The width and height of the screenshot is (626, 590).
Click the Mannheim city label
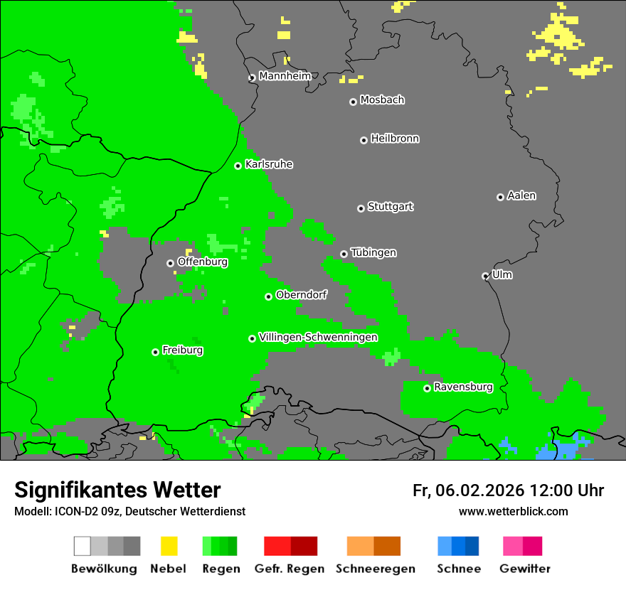[x=285, y=76]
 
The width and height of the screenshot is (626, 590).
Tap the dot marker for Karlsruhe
[x=238, y=166]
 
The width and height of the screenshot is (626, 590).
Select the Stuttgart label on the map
[x=390, y=207]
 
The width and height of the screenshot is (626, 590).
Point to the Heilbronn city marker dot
[x=364, y=140]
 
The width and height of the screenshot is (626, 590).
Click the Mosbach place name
[x=382, y=100]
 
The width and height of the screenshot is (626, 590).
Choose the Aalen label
[x=521, y=195]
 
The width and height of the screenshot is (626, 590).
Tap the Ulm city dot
[x=485, y=276]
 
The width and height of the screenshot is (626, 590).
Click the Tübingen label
[x=373, y=253]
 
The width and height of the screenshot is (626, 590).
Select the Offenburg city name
[x=203, y=262]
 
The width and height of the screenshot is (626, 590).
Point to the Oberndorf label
[x=302, y=294]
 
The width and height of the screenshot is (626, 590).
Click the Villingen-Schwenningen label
[x=318, y=337]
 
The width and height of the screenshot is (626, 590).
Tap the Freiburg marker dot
[x=155, y=352]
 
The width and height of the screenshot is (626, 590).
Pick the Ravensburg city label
[x=463, y=387]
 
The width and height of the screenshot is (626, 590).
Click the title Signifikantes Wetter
[x=117, y=490]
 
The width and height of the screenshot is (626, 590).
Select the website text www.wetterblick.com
[x=513, y=511]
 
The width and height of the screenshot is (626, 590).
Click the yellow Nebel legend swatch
[x=169, y=546]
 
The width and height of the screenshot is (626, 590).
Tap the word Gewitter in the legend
[x=525, y=569]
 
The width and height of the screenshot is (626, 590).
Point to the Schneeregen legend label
[x=376, y=569]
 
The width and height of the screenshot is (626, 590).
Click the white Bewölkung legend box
[x=83, y=546]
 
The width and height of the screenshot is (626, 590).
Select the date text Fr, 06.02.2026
[x=468, y=490]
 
